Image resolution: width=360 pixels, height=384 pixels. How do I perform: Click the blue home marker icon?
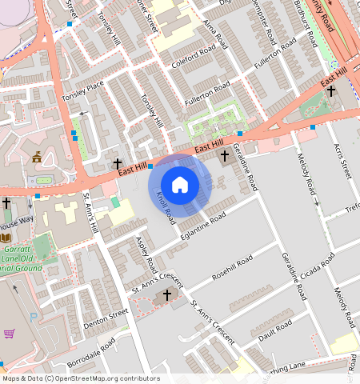[x=180, y=184]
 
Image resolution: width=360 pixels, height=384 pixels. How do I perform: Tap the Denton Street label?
[x=106, y=315]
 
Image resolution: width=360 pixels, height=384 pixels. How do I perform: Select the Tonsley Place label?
[x=83, y=91]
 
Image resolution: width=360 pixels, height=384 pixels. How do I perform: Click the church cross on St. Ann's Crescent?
[x=167, y=295]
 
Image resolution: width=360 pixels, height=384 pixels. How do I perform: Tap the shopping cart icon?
[x=10, y=334]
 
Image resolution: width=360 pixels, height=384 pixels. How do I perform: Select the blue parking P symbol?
[x=33, y=317]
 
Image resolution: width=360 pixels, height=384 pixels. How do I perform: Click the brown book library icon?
[x=6, y=238]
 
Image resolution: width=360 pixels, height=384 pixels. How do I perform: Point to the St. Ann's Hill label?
[x=90, y=213]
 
